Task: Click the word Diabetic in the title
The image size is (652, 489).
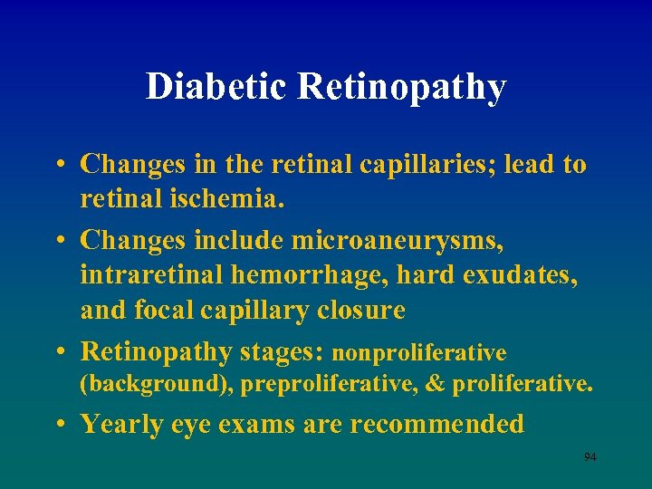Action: [216, 87]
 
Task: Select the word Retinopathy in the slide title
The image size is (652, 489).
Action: [400, 88]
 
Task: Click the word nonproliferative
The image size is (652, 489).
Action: [420, 352]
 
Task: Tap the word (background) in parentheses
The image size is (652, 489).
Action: [156, 384]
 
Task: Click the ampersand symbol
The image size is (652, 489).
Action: [436, 384]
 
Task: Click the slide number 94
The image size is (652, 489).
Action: [590, 457]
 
